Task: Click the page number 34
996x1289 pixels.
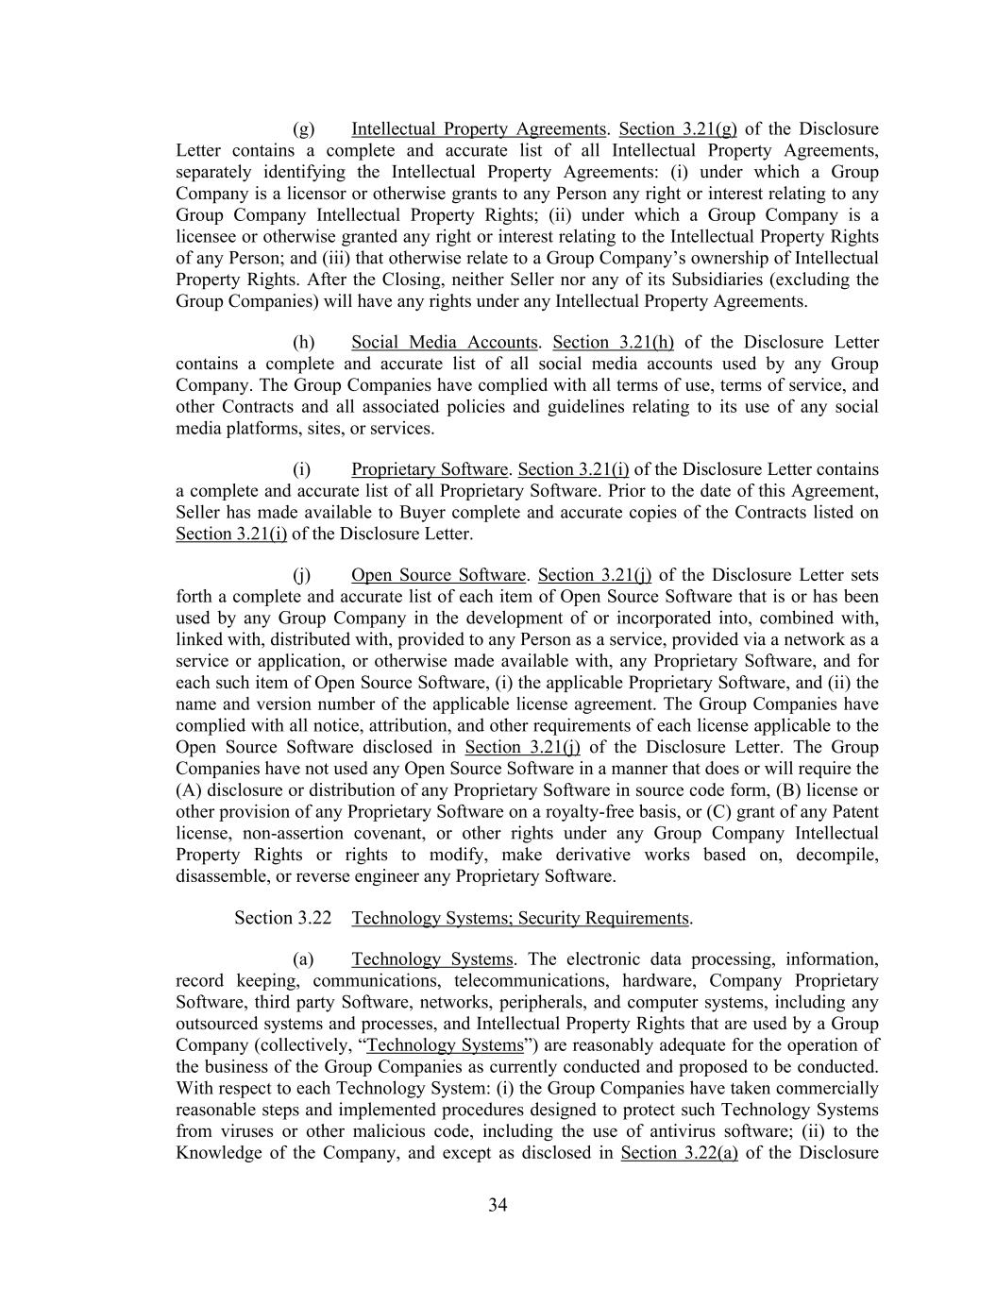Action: (498, 1205)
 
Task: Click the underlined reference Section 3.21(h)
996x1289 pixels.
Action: (613, 343)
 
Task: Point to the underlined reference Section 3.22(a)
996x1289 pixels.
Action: (679, 1153)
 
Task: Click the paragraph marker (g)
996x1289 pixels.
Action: (303, 129)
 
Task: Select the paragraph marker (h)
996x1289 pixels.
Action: (303, 343)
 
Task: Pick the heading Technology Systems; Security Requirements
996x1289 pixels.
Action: (520, 918)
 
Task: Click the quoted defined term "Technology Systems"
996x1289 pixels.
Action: (445, 1045)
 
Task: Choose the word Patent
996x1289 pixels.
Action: (854, 812)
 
